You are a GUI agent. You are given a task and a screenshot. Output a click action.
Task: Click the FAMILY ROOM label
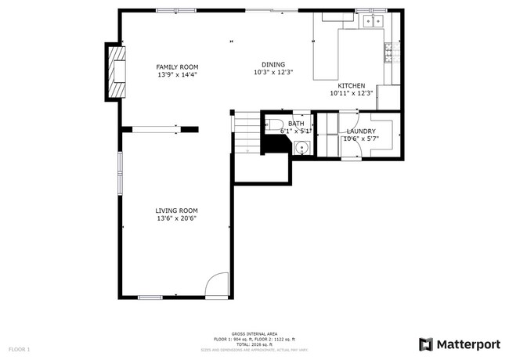click(177, 67)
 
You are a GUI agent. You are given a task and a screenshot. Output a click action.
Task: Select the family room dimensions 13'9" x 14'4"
click(177, 75)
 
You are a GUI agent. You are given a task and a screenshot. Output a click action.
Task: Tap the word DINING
click(273, 64)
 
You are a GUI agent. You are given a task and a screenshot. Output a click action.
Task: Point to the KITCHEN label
click(351, 85)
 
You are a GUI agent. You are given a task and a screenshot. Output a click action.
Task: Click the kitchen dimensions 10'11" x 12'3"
click(351, 93)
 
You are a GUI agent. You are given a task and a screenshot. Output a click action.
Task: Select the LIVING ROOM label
click(176, 211)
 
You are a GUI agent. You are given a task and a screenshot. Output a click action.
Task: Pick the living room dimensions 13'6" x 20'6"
click(176, 218)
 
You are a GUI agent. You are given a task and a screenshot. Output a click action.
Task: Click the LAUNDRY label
click(361, 131)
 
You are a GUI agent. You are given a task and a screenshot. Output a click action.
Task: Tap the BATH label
click(296, 123)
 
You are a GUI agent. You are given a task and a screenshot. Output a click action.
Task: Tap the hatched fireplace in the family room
click(117, 72)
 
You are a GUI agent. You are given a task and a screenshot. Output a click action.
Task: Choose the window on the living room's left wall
click(120, 172)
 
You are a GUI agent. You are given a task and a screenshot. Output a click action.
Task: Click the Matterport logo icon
click(425, 344)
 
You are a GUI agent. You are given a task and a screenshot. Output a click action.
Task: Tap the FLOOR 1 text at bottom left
click(19, 348)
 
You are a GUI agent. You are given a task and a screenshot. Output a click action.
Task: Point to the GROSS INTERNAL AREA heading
click(254, 333)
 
